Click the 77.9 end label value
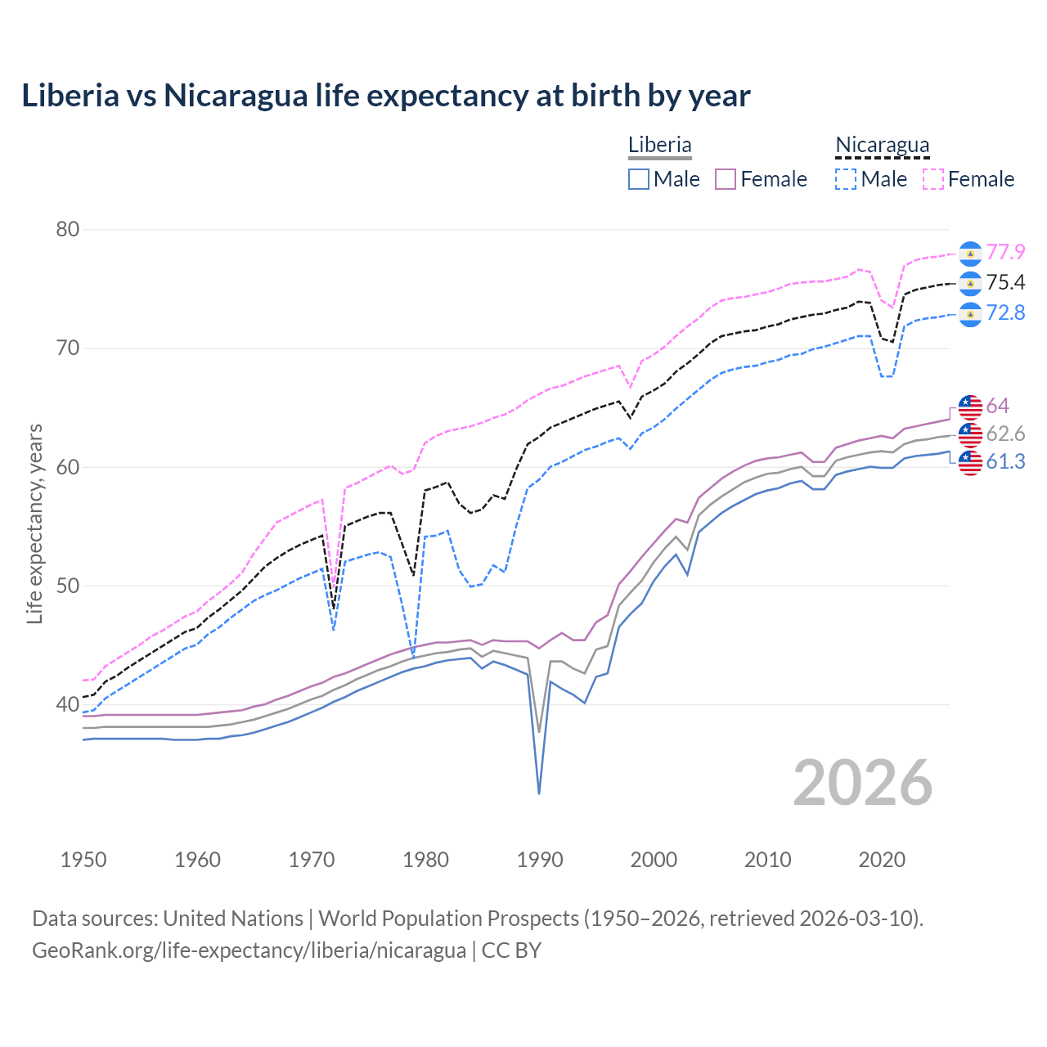point(1005,252)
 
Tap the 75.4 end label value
point(1005,283)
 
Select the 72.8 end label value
point(1005,313)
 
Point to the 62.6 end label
point(1005,434)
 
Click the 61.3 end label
point(1005,462)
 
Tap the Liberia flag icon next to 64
point(970,407)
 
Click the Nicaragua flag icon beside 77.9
point(970,254)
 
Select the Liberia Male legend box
point(639,179)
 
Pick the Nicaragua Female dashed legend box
point(933,179)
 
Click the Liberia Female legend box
point(726,179)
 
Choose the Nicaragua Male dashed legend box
point(846,179)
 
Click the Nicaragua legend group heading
point(883,145)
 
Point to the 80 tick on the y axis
point(68,230)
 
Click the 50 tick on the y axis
point(68,586)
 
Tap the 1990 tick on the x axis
point(540,860)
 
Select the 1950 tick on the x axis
point(83,860)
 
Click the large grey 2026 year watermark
point(862,783)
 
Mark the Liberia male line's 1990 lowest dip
point(539,793)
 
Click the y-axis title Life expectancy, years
point(35,523)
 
